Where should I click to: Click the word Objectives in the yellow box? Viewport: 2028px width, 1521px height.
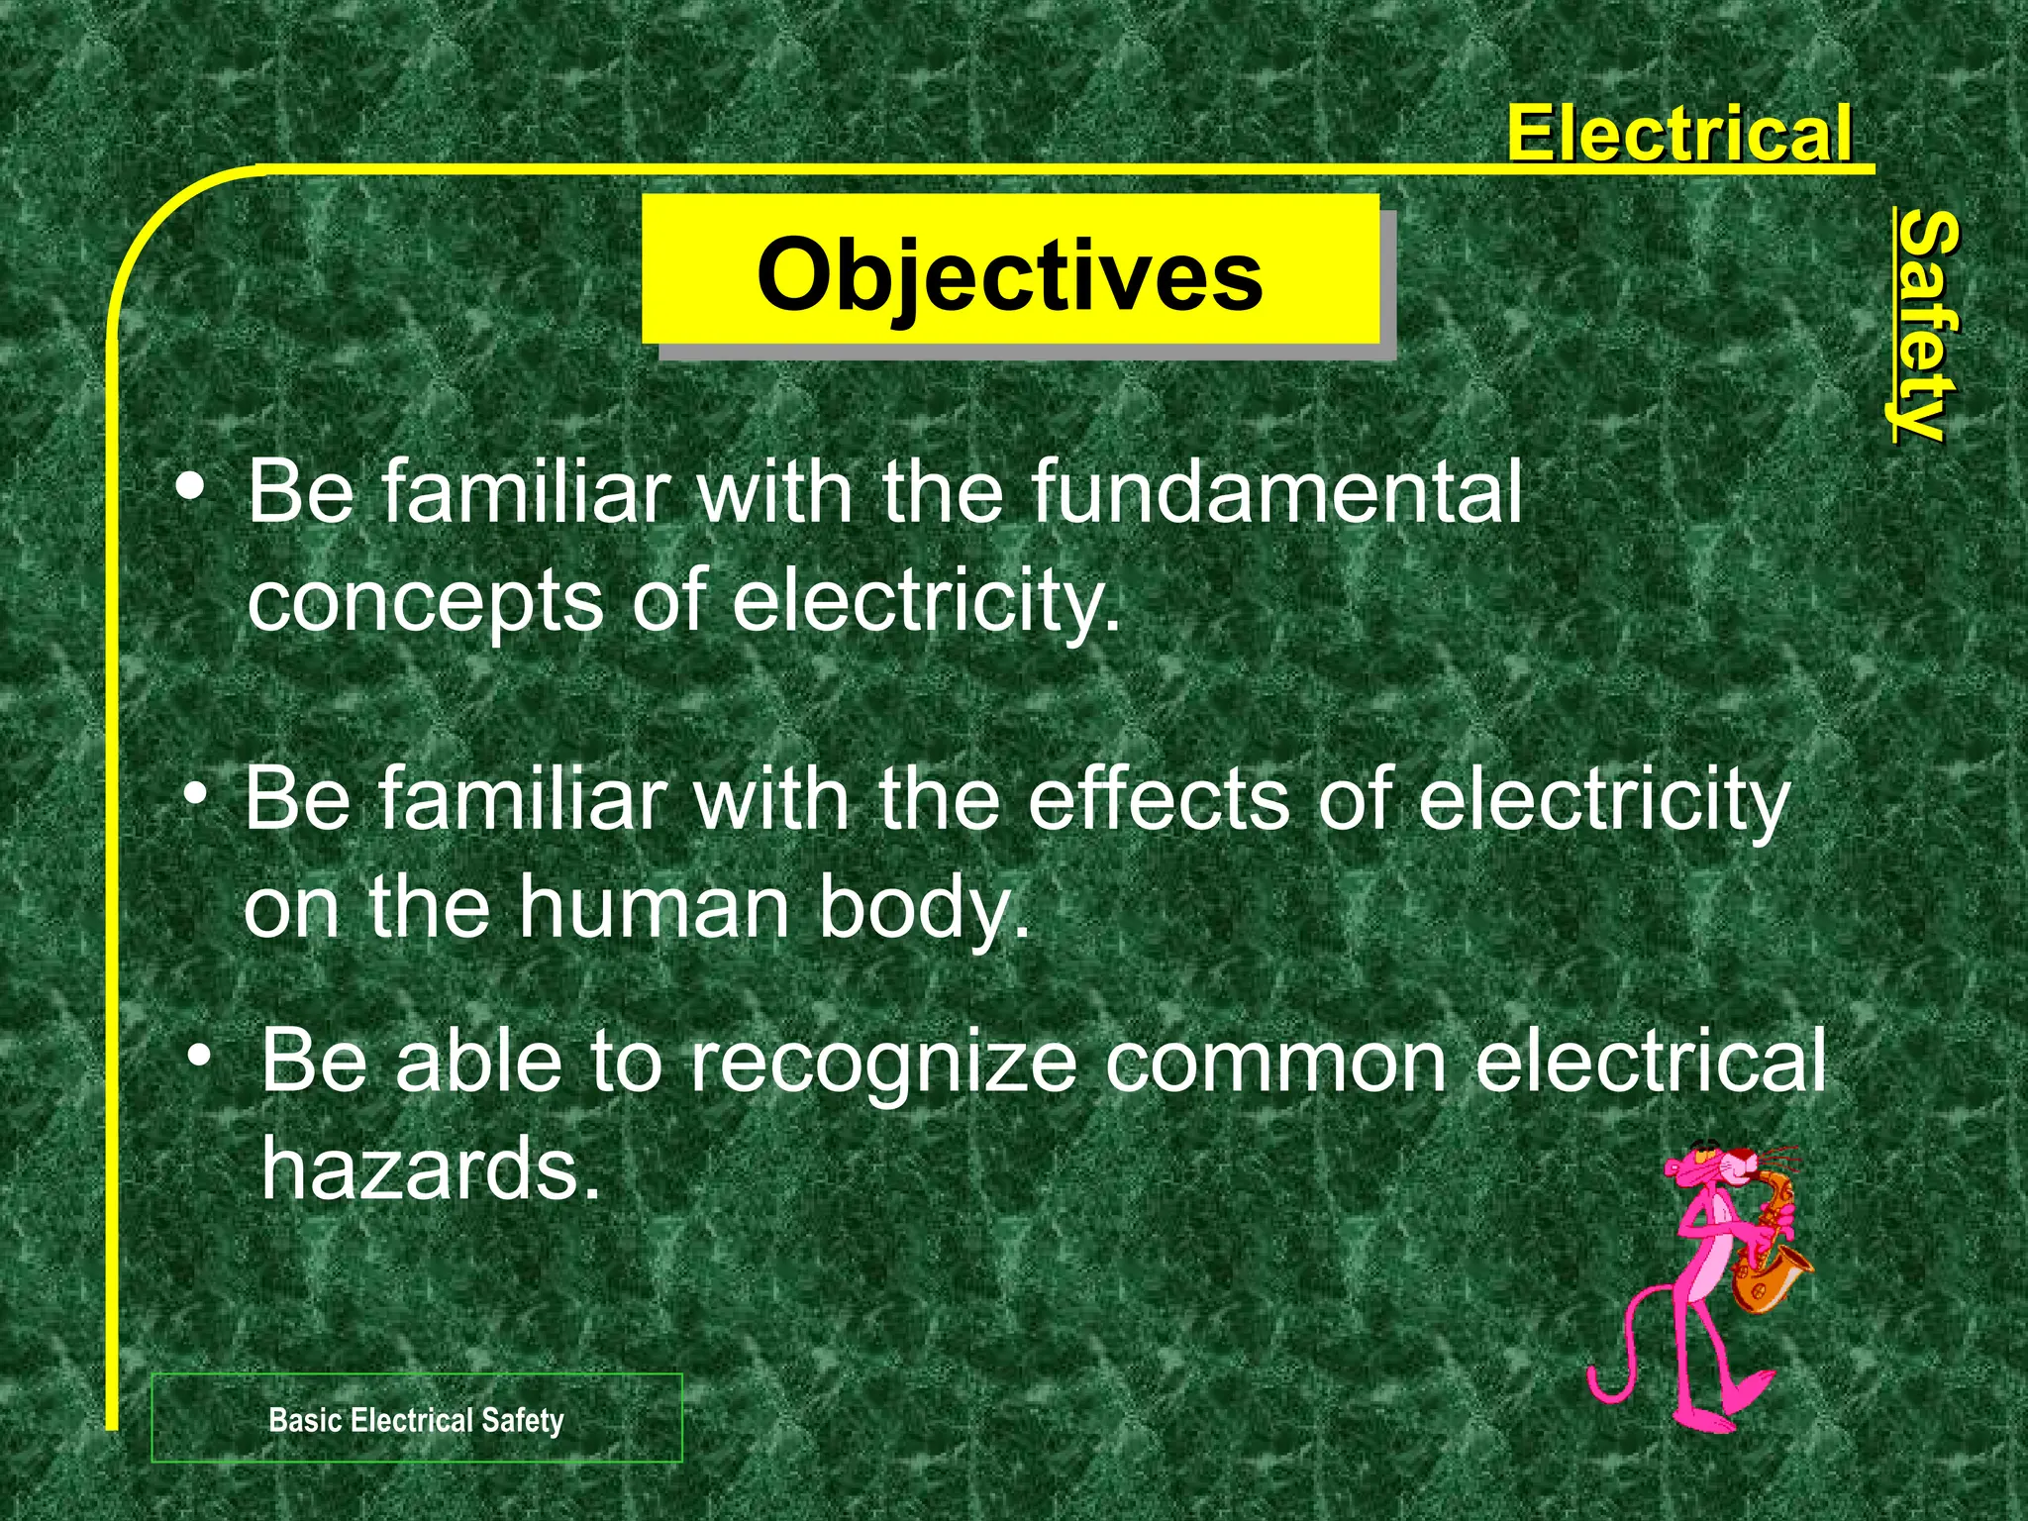[1009, 274]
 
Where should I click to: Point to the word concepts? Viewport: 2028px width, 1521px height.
[425, 602]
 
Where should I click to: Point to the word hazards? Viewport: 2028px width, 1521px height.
[431, 1168]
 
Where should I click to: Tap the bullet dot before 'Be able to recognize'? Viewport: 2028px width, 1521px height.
[201, 1057]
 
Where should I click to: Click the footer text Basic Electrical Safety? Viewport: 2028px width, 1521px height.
[416, 1420]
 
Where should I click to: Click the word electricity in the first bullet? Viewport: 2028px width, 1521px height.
[926, 602]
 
